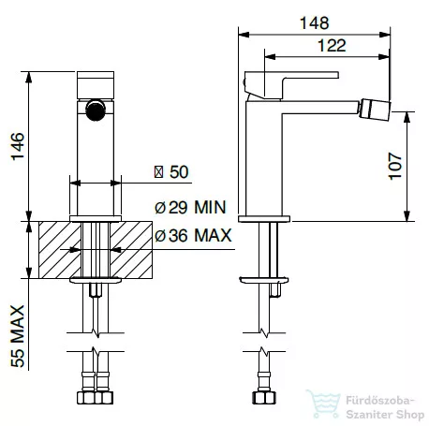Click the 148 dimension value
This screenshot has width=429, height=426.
click(314, 23)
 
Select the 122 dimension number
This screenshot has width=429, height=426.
click(332, 46)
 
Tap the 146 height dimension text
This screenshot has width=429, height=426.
click(18, 146)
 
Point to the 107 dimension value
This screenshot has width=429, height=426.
click(394, 166)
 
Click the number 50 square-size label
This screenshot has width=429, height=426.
click(179, 171)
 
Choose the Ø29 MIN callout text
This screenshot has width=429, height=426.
click(190, 207)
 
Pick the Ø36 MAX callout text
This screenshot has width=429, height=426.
click(193, 235)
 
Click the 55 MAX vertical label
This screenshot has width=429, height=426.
click(18, 336)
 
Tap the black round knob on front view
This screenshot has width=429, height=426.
click(96, 110)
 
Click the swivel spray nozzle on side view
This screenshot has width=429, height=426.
click(375, 110)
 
